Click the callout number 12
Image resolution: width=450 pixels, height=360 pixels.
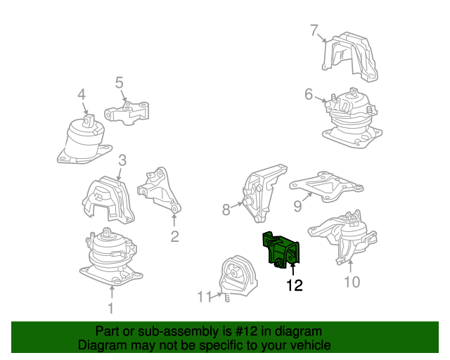click(x=295, y=285)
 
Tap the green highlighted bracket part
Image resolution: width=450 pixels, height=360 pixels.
click(x=281, y=250)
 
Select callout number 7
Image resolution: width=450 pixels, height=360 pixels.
click(x=314, y=30)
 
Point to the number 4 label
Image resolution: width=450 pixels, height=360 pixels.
click(x=82, y=94)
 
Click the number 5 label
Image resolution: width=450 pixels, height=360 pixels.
click(x=120, y=82)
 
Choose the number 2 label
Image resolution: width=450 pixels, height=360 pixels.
click(x=175, y=236)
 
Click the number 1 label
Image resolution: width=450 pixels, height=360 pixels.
click(x=111, y=308)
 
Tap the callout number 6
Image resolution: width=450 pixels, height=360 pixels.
click(x=309, y=94)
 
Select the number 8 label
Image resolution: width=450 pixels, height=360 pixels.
click(x=226, y=210)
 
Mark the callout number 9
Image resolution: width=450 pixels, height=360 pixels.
click(x=297, y=205)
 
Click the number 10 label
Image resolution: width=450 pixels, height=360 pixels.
click(x=352, y=282)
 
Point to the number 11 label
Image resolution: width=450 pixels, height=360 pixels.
click(x=205, y=297)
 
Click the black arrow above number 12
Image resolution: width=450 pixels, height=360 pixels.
click(x=293, y=270)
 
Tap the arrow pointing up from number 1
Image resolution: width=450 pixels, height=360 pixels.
click(x=112, y=292)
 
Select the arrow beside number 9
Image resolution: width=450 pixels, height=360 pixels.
click(x=307, y=197)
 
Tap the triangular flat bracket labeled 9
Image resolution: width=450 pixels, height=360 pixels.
click(x=326, y=186)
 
